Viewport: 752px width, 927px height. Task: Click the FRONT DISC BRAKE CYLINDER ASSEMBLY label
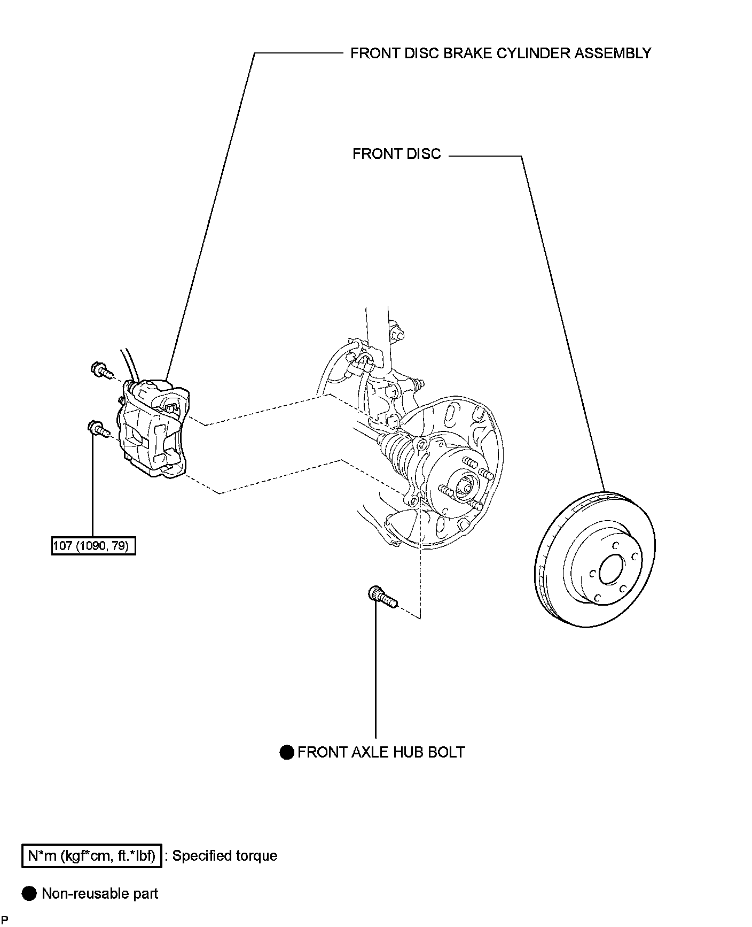[x=500, y=53]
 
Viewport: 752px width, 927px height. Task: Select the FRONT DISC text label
[x=397, y=154]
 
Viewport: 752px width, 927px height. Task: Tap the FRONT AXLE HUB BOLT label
[x=381, y=752]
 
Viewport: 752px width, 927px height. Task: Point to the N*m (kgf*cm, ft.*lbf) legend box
[x=92, y=856]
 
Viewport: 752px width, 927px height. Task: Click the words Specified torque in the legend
[x=225, y=856]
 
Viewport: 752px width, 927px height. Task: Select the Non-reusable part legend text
[x=100, y=894]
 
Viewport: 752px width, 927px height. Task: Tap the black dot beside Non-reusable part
[x=29, y=894]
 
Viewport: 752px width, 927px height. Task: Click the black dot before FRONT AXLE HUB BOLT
[x=287, y=752]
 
